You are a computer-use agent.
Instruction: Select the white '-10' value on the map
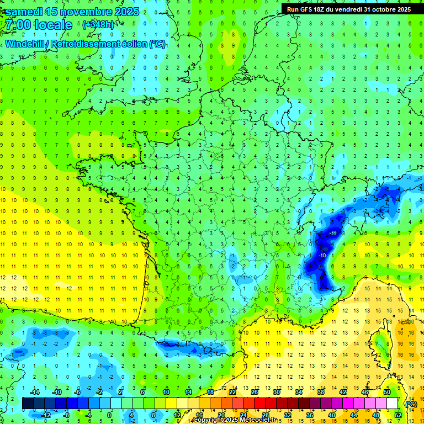click(x=321, y=256)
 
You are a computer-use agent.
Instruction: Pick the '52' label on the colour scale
click(x=398, y=415)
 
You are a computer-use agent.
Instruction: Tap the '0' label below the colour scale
click(x=109, y=415)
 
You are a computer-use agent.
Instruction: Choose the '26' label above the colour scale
click(x=255, y=392)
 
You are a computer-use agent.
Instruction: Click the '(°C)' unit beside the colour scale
click(x=411, y=404)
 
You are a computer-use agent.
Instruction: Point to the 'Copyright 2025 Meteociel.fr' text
click(x=234, y=420)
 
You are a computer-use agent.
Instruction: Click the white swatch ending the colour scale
click(x=393, y=404)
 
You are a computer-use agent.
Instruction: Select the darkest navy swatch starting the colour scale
click(x=28, y=404)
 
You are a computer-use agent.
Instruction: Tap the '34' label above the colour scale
click(x=299, y=392)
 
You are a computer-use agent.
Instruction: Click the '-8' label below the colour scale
click(x=66, y=415)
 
